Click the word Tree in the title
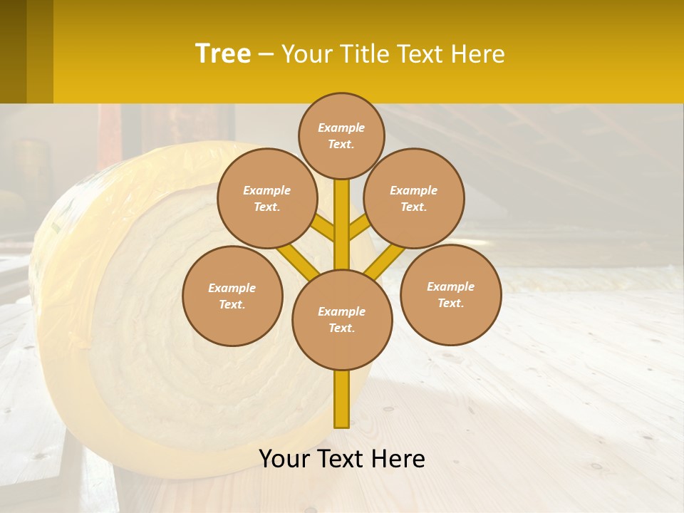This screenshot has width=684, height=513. point(223,53)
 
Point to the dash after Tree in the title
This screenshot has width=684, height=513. point(266,55)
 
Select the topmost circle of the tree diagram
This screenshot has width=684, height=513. point(341,135)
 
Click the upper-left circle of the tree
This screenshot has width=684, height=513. point(266,198)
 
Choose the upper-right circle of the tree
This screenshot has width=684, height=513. point(414,198)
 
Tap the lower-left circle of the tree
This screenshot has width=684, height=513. point(232,296)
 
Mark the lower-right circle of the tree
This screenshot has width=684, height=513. point(450,294)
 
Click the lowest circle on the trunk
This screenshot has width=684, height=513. point(342,319)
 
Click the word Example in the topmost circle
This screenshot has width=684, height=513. point(341,128)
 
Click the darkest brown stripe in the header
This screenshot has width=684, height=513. point(13,51)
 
